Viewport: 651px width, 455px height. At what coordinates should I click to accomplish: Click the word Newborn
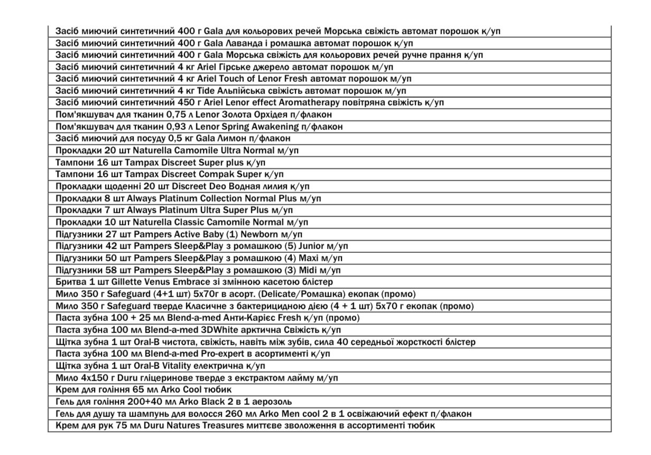coord(259,234)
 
